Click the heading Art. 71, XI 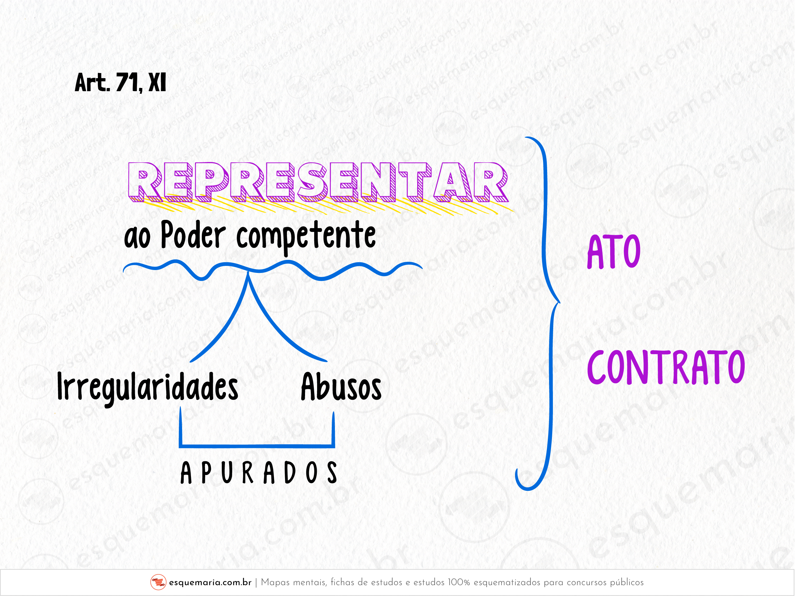point(120,83)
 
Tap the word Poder point(193,235)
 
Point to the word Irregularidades point(147,387)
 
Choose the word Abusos point(341,387)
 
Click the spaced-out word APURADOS point(258,473)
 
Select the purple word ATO point(614,252)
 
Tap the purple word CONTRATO point(666,367)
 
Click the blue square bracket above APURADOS point(257,446)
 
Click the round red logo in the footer point(158,582)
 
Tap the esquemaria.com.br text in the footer point(210,582)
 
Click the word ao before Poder point(137,239)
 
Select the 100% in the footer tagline point(459,582)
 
